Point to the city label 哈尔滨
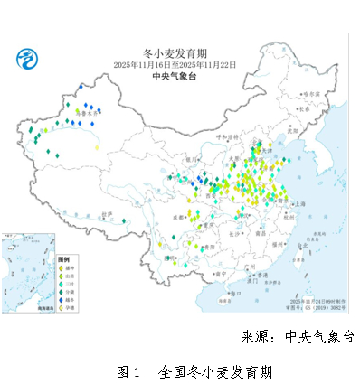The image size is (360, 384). point(310,93)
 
